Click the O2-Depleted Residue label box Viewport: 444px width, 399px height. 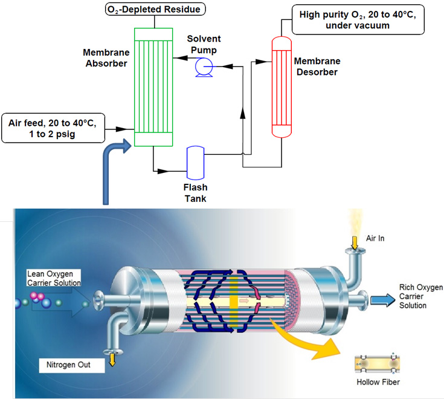pos(155,9)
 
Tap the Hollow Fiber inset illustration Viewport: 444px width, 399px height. pos(378,363)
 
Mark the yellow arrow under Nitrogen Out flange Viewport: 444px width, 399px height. pos(113,361)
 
